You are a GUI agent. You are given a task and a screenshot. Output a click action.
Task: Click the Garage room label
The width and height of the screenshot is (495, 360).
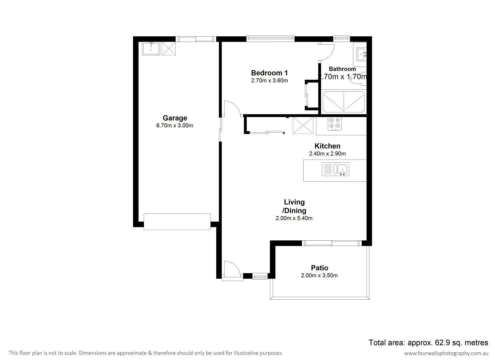175,118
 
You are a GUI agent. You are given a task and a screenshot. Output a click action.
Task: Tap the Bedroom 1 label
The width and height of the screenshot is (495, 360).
269,73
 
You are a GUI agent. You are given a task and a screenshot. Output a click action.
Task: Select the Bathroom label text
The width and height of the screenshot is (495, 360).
342,69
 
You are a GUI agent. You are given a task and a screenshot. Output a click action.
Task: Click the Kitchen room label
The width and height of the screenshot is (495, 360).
327,146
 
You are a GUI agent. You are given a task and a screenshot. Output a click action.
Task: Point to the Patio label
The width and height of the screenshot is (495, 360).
319,268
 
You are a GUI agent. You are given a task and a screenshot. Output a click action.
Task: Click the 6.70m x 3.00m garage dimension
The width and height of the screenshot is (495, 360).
175,126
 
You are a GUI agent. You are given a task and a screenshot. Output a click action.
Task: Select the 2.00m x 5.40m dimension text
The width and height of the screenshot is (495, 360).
294,218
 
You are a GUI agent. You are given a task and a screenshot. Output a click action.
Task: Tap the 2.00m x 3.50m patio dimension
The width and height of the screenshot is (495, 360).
319,275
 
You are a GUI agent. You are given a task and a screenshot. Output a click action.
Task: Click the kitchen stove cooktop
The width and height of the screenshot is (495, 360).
334,123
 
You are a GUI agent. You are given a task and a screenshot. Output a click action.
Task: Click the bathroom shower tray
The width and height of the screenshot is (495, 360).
343,102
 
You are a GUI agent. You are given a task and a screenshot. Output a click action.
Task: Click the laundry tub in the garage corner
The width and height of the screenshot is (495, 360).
151,49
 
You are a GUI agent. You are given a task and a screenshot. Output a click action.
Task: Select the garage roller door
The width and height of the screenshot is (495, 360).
177,222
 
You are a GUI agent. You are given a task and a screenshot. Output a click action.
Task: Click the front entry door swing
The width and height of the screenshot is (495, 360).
232,269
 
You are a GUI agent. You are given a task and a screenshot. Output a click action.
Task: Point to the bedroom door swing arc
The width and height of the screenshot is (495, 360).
232,109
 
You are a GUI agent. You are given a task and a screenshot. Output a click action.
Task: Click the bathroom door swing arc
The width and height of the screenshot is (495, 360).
327,52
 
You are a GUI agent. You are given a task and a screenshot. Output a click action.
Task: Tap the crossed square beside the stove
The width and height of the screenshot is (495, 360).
303,125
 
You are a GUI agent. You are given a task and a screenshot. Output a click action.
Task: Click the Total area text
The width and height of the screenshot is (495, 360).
428,342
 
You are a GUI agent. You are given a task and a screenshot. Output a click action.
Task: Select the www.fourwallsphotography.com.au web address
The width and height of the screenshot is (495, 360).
446,353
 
